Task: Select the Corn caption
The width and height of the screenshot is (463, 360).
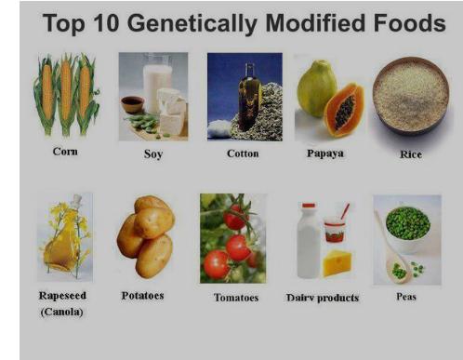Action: tap(65, 152)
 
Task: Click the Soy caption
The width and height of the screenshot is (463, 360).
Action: tap(152, 154)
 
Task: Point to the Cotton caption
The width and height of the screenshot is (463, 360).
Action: tap(243, 153)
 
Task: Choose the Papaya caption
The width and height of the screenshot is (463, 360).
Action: tap(325, 153)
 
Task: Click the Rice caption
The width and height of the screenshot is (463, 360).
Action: tap(410, 154)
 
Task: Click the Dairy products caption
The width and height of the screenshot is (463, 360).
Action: tap(323, 298)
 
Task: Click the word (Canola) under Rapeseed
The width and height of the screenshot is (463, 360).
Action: tap(60, 312)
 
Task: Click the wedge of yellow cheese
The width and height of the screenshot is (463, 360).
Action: tap(337, 262)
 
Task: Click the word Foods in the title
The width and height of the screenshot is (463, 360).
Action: tap(405, 23)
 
